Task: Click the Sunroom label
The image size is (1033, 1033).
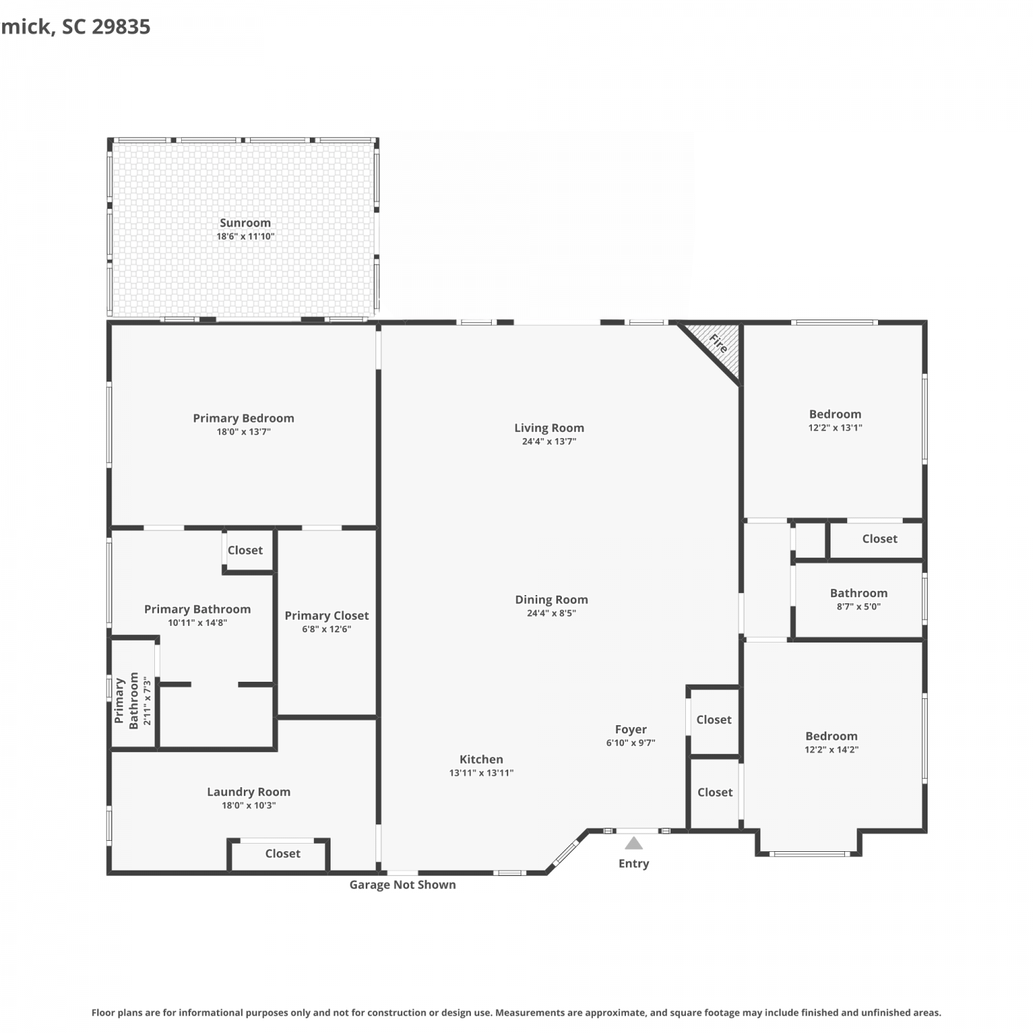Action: pos(245,222)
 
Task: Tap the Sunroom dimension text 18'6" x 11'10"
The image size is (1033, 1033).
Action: pos(245,236)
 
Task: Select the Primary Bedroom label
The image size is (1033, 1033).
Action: pos(243,418)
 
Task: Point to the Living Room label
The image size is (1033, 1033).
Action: pos(549,428)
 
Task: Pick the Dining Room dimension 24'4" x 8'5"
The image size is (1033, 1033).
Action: pos(551,613)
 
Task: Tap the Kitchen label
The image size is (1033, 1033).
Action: pos(481,759)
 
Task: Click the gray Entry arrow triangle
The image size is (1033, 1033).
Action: pos(634,844)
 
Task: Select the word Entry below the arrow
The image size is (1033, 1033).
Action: pos(634,864)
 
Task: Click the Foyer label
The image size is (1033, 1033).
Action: pos(631,729)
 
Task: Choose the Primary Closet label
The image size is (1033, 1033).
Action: pos(326,616)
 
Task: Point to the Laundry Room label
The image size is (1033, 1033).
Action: pos(249,792)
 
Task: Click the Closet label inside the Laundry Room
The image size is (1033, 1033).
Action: pos(282,853)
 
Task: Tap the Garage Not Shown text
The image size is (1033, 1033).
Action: pos(402,885)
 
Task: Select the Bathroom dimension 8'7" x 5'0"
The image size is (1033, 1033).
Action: pos(858,607)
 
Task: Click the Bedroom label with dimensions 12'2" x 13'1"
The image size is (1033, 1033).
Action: pos(835,414)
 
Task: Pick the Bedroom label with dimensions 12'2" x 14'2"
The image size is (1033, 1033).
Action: pos(831,736)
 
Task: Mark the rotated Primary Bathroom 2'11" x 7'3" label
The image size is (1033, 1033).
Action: pos(132,701)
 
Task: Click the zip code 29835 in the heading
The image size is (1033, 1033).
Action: pos(121,27)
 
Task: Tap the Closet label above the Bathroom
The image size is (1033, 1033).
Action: pos(879,539)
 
